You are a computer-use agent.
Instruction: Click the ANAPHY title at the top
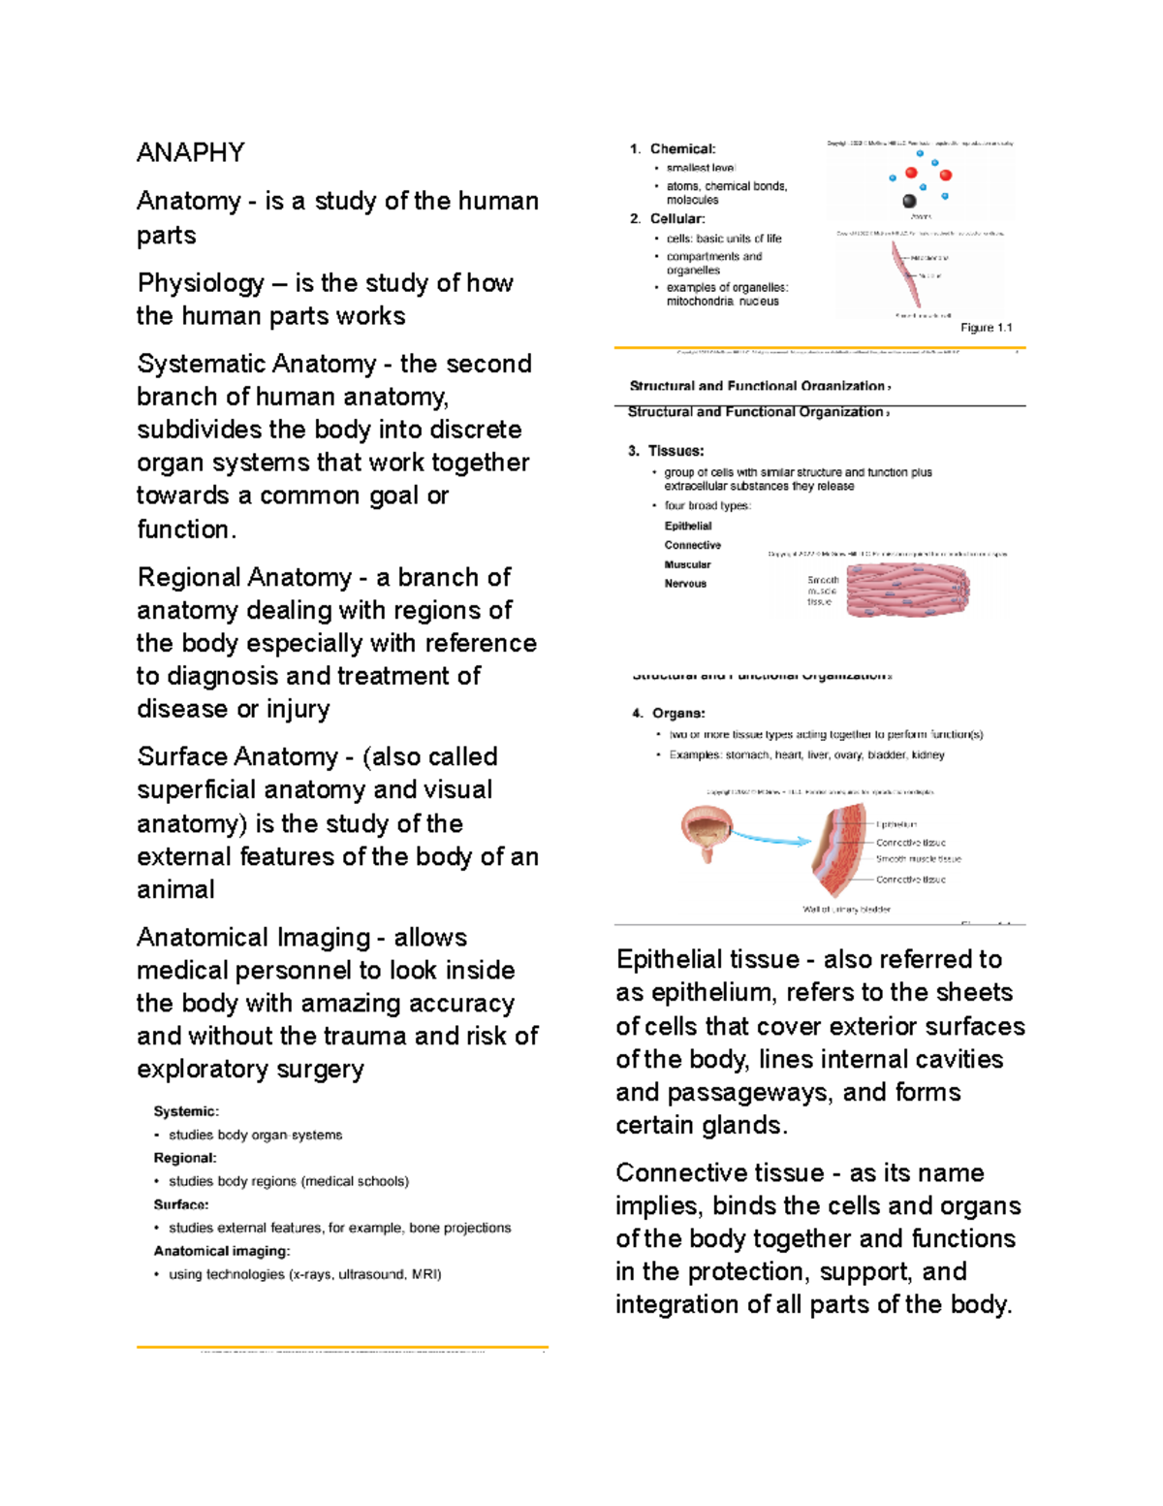190,152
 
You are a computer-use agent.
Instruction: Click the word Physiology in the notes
201,283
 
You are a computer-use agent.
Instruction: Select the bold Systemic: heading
186,1111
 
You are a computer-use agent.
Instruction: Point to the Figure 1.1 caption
986,328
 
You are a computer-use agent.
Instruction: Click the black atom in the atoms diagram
909,201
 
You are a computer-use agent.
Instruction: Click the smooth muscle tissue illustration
907,591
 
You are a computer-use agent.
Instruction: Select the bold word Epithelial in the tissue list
688,526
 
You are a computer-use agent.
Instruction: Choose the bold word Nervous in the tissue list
685,584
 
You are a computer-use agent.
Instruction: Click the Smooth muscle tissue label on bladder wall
918,859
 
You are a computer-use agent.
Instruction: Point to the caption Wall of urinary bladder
846,910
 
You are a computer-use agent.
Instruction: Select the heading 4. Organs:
669,713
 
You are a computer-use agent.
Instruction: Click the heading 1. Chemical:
673,148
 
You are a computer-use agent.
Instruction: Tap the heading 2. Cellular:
668,219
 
